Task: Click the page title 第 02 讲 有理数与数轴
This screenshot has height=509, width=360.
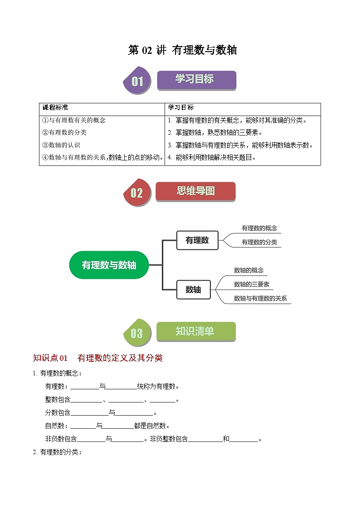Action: coord(182,50)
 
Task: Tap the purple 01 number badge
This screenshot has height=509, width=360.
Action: coord(137,82)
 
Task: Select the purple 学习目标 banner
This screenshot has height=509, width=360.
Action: coord(196,80)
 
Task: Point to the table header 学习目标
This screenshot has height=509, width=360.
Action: coord(181,108)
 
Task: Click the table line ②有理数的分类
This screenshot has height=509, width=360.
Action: coord(64,133)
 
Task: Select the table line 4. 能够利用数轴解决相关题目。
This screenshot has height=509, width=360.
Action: coord(212,158)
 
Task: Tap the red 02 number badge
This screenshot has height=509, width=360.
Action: coord(136,193)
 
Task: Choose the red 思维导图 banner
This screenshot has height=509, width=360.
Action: coord(195,191)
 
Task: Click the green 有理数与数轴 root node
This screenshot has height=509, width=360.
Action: coord(109,265)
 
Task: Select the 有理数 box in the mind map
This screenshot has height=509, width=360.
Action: coord(197,241)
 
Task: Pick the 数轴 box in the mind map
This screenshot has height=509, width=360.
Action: coord(193,290)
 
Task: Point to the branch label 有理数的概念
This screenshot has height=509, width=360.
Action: coord(259,228)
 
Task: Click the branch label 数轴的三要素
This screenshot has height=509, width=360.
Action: coord(252,285)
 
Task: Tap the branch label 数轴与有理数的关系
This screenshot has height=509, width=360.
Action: coord(260,299)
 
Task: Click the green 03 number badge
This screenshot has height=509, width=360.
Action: coord(136,334)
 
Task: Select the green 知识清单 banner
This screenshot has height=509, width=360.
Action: coord(195,332)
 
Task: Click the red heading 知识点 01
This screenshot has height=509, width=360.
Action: coord(50,358)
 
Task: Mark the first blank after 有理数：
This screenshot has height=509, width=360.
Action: coord(85,387)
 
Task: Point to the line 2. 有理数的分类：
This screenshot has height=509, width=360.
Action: coord(57,452)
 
